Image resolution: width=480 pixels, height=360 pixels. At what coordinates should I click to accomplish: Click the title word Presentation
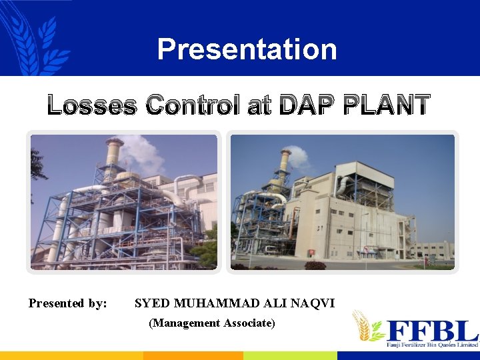pyautogui.click(x=247, y=49)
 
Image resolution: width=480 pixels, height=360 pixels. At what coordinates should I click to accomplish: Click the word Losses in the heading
pyautogui.click(x=92, y=106)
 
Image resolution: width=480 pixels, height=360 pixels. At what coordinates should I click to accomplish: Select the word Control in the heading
pyautogui.click(x=193, y=106)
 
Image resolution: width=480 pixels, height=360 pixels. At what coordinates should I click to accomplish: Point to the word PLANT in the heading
pyautogui.click(x=387, y=106)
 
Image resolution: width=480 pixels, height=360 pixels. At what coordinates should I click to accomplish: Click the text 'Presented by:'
pyautogui.click(x=68, y=304)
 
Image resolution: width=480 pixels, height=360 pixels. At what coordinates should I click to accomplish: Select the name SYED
pyautogui.click(x=153, y=304)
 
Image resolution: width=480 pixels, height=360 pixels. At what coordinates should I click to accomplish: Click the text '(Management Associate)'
pyautogui.click(x=212, y=323)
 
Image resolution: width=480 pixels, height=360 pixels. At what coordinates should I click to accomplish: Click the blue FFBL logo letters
pyautogui.click(x=432, y=331)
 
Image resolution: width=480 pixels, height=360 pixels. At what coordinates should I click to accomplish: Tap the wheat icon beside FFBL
pyautogui.click(x=367, y=326)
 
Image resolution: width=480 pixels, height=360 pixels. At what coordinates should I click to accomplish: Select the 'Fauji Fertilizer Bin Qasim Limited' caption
pyautogui.click(x=432, y=345)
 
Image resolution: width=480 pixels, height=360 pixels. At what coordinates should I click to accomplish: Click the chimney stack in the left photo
pyautogui.click(x=113, y=157)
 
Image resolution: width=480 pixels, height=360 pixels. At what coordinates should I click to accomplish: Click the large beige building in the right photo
pyautogui.click(x=353, y=213)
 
